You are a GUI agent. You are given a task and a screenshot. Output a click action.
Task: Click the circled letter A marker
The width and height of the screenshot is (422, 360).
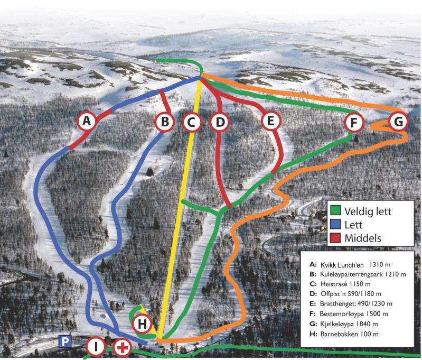[88, 122]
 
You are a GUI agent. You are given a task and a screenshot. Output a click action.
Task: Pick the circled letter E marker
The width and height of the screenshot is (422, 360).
[270, 122]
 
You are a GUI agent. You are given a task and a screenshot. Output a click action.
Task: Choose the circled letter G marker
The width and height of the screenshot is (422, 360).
[398, 122]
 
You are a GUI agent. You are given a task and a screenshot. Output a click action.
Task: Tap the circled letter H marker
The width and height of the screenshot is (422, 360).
[142, 322]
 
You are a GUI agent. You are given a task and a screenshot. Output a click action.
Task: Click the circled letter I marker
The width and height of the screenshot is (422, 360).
[96, 347]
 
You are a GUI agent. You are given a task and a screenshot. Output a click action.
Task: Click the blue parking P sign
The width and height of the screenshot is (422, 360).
[64, 342]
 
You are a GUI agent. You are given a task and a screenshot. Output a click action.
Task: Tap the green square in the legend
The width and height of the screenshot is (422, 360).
[334, 210]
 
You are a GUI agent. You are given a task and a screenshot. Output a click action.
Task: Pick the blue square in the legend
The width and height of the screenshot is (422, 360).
[334, 224]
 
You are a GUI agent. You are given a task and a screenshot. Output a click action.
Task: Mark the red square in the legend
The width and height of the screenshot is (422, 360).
[334, 238]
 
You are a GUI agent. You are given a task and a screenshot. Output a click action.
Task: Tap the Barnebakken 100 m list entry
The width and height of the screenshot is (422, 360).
[349, 334]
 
